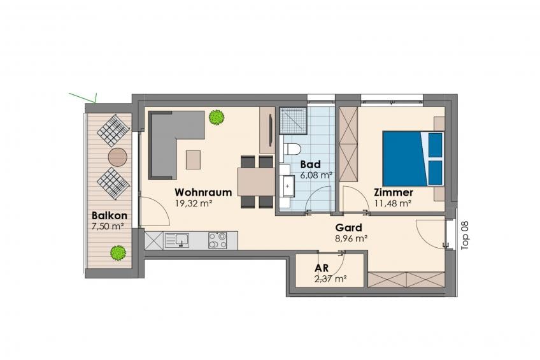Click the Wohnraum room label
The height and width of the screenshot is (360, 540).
203,192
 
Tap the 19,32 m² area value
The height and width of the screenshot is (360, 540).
193,204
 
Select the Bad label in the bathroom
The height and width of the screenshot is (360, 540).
310,164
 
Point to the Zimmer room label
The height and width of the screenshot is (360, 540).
394,192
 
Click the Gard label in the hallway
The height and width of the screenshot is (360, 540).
348,227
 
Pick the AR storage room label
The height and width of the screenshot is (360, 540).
322,268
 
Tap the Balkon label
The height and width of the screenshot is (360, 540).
109,215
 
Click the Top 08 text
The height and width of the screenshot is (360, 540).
465,235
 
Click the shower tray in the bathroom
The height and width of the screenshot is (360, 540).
293,120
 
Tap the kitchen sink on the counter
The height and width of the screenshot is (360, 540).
176,240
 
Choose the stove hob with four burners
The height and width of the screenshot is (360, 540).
218,240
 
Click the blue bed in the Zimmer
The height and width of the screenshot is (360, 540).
413,159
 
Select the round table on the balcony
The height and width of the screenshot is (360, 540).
118,157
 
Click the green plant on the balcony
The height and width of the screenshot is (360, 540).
118,252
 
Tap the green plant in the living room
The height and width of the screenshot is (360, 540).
217,117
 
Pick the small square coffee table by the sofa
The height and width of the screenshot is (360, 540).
193,159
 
